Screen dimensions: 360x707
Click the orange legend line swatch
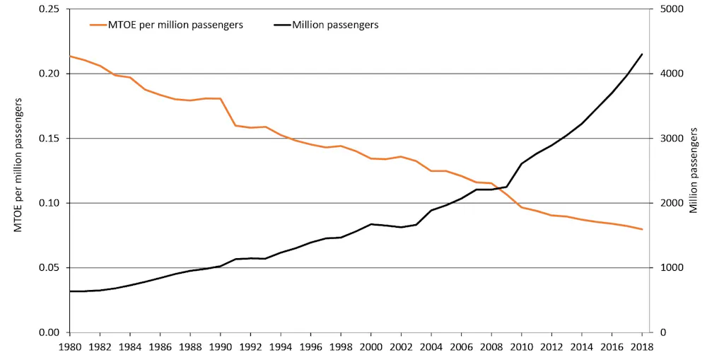click(x=98, y=25)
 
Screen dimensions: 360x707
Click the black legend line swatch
click(x=282, y=25)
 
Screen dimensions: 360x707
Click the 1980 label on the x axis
click(x=69, y=347)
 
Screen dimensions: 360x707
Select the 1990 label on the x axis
click(x=220, y=347)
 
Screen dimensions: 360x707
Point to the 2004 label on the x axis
click(x=431, y=347)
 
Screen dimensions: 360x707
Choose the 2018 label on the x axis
click(x=642, y=347)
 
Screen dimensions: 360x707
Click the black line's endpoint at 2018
click(x=642, y=54)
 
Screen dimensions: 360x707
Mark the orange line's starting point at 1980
click(x=69, y=56)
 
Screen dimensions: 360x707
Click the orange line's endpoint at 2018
click(x=642, y=229)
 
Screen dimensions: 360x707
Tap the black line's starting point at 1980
click(x=69, y=291)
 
